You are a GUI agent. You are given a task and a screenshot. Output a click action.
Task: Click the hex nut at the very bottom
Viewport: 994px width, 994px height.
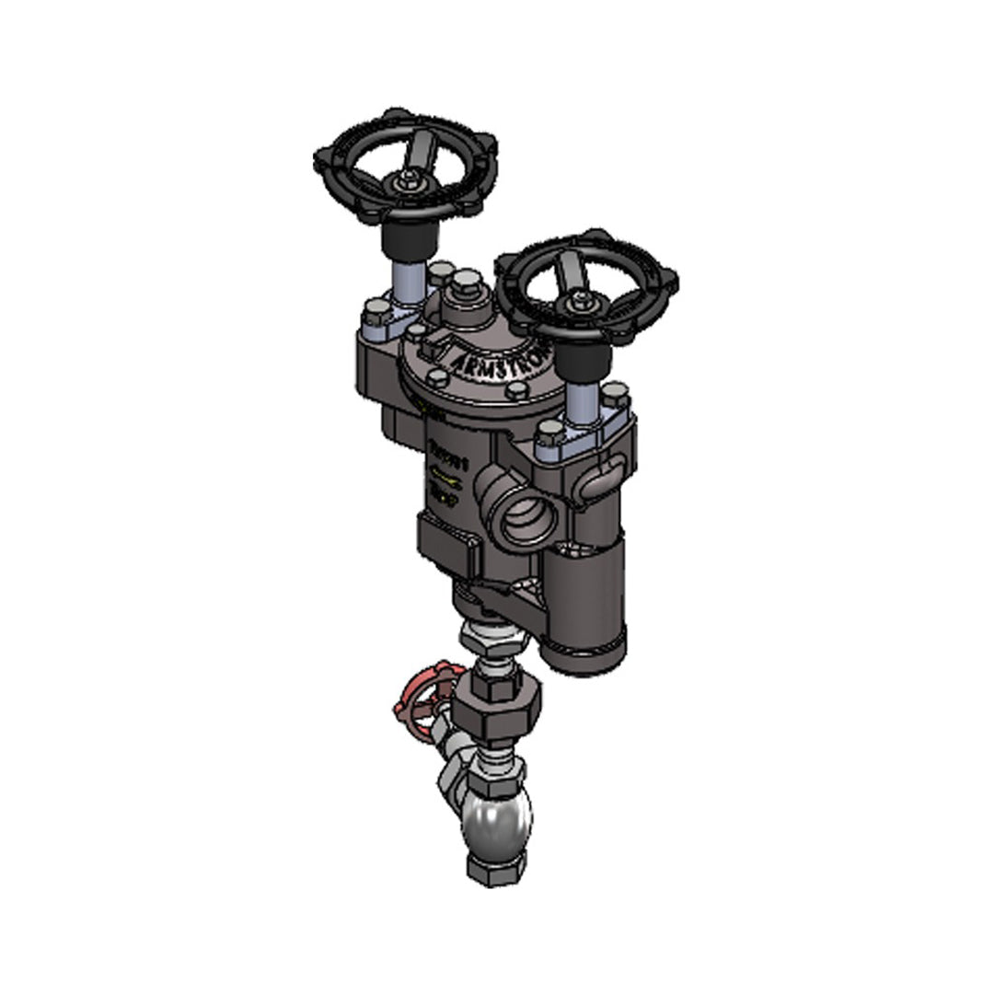497,868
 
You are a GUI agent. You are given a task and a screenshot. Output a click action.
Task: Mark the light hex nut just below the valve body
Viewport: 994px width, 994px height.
488,636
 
